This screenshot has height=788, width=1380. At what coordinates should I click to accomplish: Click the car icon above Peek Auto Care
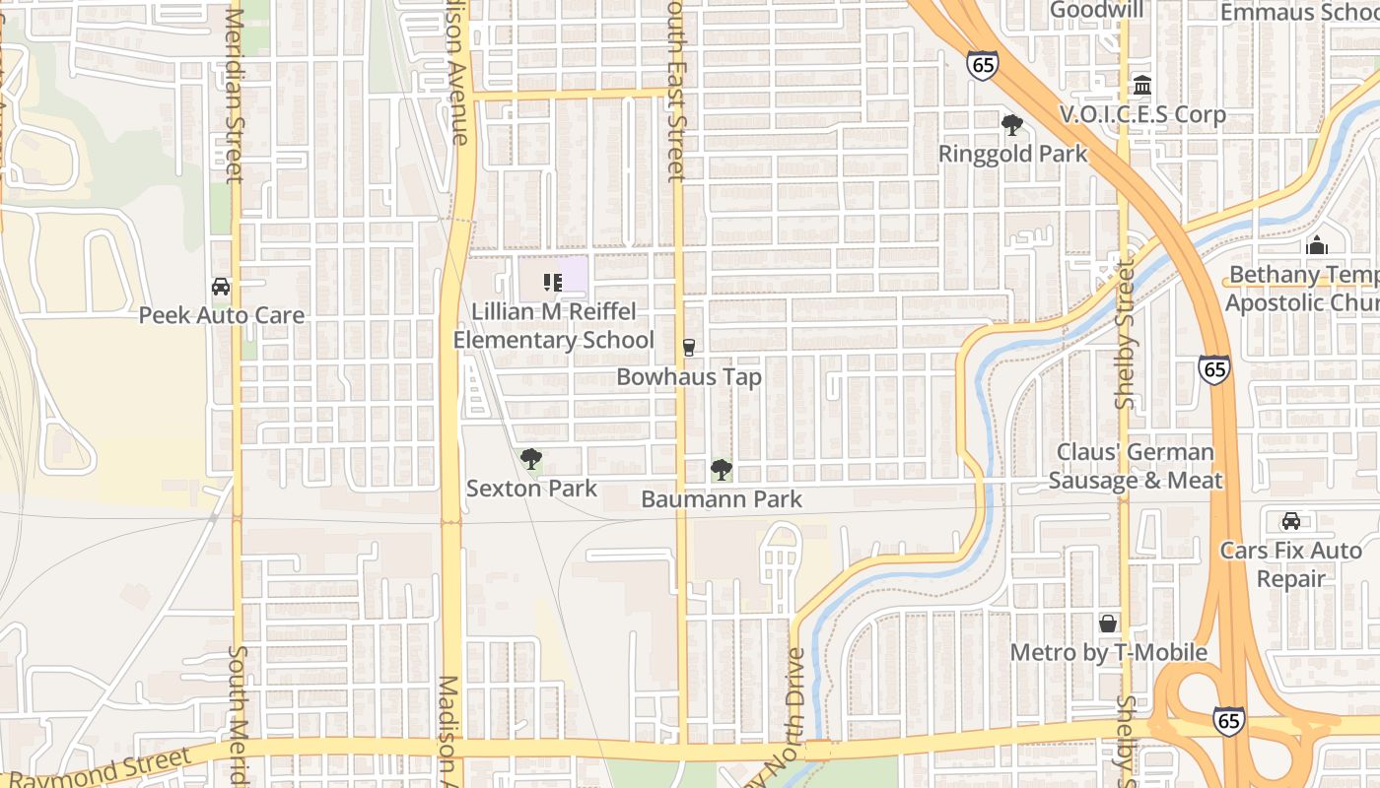click(221, 287)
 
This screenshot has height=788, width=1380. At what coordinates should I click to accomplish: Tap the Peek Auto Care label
click(222, 315)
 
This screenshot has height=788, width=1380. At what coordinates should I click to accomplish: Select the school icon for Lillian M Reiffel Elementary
click(552, 283)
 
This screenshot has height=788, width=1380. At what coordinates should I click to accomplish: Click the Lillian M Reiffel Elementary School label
click(553, 326)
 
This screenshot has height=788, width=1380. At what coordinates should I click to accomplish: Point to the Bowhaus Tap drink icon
click(689, 348)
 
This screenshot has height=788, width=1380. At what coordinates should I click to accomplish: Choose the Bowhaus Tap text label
click(689, 377)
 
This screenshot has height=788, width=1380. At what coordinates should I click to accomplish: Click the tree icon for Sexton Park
click(531, 459)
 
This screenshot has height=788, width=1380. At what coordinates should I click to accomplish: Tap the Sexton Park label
click(531, 489)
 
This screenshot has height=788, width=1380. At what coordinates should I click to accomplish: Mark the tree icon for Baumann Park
click(722, 470)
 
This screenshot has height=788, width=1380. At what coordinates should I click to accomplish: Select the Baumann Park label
click(722, 499)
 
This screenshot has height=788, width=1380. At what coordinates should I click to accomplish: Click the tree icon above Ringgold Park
click(1012, 125)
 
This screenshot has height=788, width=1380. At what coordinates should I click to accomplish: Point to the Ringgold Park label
click(1012, 155)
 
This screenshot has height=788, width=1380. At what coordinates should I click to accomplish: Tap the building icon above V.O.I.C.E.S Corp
click(1142, 86)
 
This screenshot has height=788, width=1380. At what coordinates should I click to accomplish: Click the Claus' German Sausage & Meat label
click(1136, 467)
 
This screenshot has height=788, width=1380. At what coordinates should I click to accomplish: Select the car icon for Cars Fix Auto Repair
click(1290, 521)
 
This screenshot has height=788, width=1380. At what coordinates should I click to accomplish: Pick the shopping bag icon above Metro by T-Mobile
click(1108, 624)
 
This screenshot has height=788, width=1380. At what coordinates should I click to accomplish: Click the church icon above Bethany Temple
click(1317, 245)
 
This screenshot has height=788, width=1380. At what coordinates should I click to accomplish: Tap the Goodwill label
click(1097, 10)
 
